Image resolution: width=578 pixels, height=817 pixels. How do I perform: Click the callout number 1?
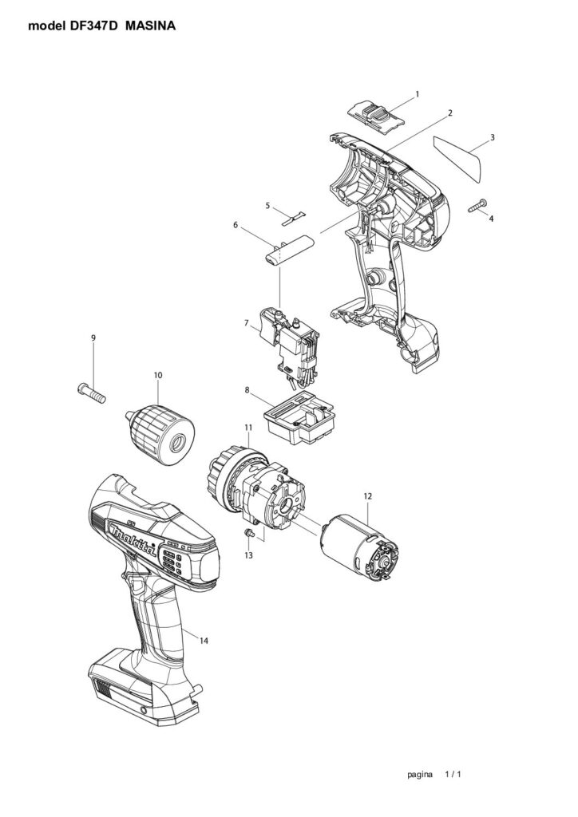tap(417, 94)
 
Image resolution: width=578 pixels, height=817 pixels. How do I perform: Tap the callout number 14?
tap(204, 641)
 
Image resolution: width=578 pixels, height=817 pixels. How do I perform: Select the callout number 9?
tap(93, 337)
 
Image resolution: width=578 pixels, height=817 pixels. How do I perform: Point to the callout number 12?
tap(368, 496)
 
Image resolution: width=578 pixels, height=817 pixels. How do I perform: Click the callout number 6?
tap(236, 224)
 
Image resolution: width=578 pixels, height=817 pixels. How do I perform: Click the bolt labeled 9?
tap(91, 393)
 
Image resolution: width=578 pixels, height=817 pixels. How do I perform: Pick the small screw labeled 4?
tap(478, 205)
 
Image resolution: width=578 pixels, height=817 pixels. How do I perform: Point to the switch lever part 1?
tap(376, 119)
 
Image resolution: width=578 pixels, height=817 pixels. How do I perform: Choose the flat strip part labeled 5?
tap(295, 218)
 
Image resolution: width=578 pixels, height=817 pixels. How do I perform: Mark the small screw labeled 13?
tap(249, 532)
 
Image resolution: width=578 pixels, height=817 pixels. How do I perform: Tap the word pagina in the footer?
tap(420, 775)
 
